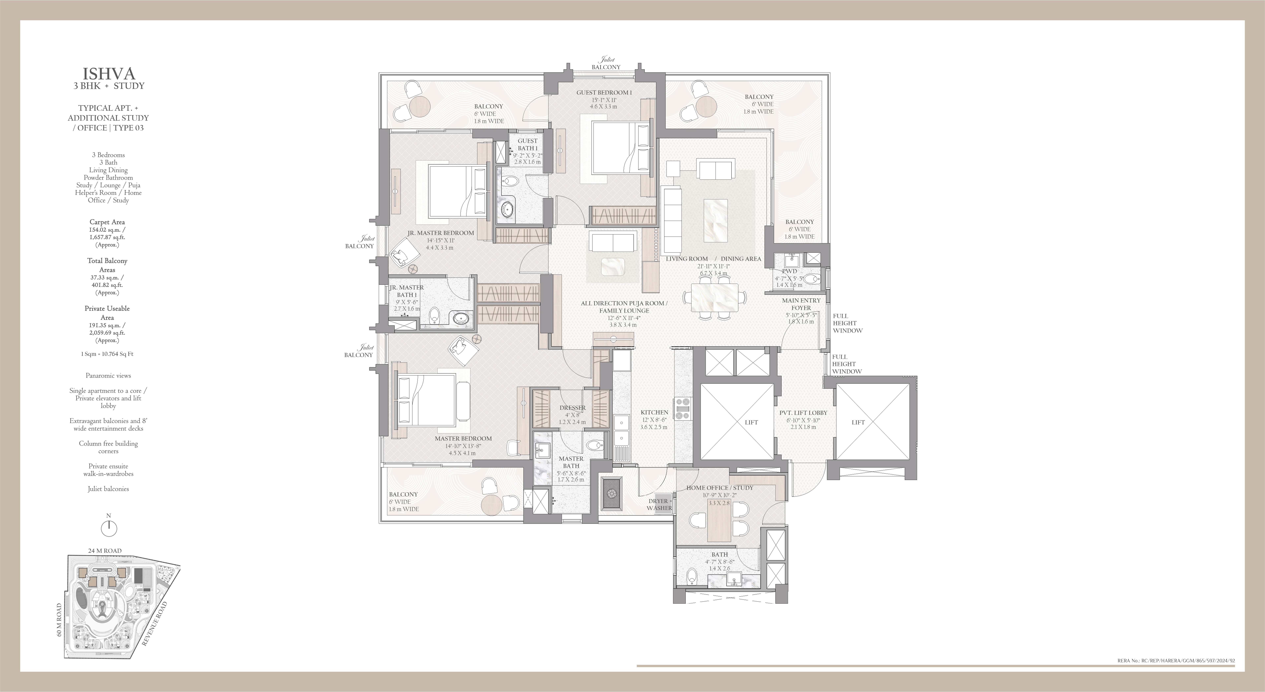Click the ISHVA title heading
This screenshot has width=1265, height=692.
click(x=108, y=74)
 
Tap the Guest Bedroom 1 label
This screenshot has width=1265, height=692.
click(x=604, y=92)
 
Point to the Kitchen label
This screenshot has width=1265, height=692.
click(x=654, y=412)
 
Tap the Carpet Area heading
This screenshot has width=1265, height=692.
click(x=107, y=222)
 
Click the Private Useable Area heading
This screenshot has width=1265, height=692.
click(x=107, y=313)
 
